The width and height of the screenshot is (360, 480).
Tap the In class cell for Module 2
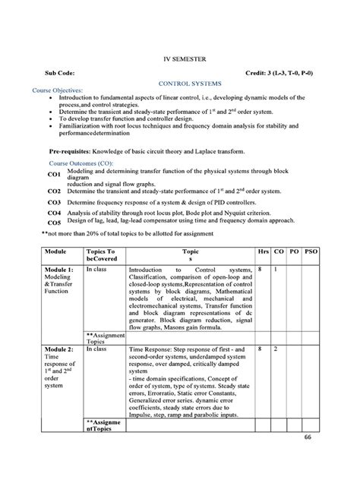[97, 348]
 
